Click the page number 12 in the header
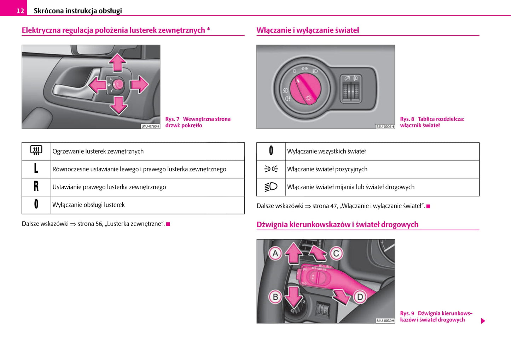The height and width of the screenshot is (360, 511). point(20,11)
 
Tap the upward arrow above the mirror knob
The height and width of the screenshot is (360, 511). point(117,63)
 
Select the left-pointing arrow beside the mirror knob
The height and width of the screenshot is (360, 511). point(97,85)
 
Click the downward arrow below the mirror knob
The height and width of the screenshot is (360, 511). point(118,105)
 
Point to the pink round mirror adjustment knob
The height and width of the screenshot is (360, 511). point(118,84)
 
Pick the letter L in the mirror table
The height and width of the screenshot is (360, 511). point(36,169)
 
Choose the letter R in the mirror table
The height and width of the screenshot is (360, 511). point(36,187)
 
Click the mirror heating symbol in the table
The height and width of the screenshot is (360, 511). point(36,151)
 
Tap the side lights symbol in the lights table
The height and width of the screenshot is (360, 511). point(271,169)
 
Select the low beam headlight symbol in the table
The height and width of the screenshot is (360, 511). point(271,187)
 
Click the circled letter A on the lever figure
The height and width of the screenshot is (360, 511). point(275,253)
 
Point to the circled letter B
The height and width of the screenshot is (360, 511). point(275,297)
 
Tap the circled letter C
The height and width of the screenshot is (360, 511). point(336,253)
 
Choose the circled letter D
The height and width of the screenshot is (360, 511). point(360,297)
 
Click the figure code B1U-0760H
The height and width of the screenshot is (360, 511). point(150,126)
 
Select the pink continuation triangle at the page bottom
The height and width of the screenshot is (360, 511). point(483,321)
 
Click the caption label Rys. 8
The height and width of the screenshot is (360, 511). point(407,119)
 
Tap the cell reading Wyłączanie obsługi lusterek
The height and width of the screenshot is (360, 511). point(88,205)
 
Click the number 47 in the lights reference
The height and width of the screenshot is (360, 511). point(334,206)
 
